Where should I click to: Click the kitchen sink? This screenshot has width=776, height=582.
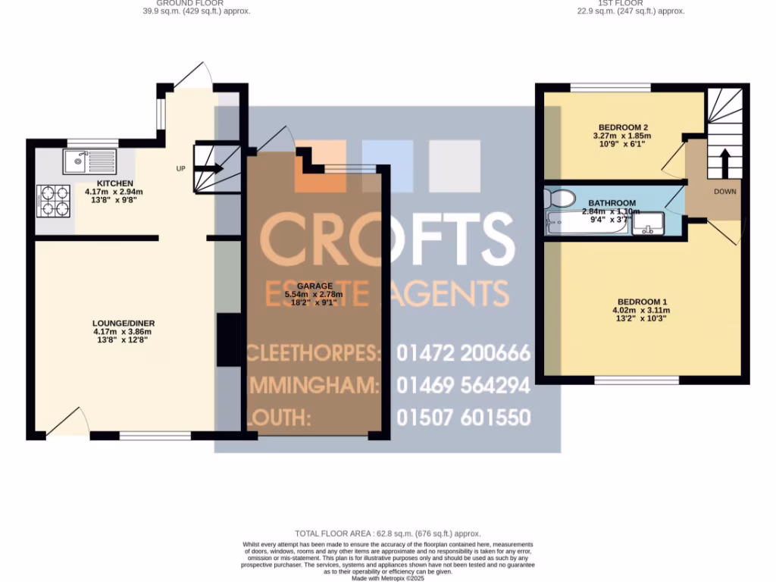pyautogui.click(x=88, y=160)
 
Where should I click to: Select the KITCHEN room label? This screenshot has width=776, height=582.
pyautogui.click(x=114, y=183)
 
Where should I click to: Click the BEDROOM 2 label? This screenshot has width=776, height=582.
pyautogui.click(x=623, y=127)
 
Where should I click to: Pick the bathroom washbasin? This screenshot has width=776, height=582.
pyautogui.click(x=649, y=224)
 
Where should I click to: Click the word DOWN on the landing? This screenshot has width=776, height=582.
pyautogui.click(x=724, y=192)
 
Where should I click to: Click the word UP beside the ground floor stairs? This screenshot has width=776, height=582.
pyautogui.click(x=180, y=168)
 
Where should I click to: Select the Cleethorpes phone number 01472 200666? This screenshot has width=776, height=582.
pyautogui.click(x=463, y=353)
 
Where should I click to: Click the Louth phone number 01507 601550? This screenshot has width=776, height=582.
pyautogui.click(x=463, y=418)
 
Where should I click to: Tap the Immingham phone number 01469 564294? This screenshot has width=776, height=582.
pyautogui.click(x=463, y=386)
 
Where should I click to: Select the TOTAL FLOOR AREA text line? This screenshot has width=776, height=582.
pyautogui.click(x=387, y=533)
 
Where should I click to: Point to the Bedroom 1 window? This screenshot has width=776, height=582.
pyautogui.click(x=637, y=379)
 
